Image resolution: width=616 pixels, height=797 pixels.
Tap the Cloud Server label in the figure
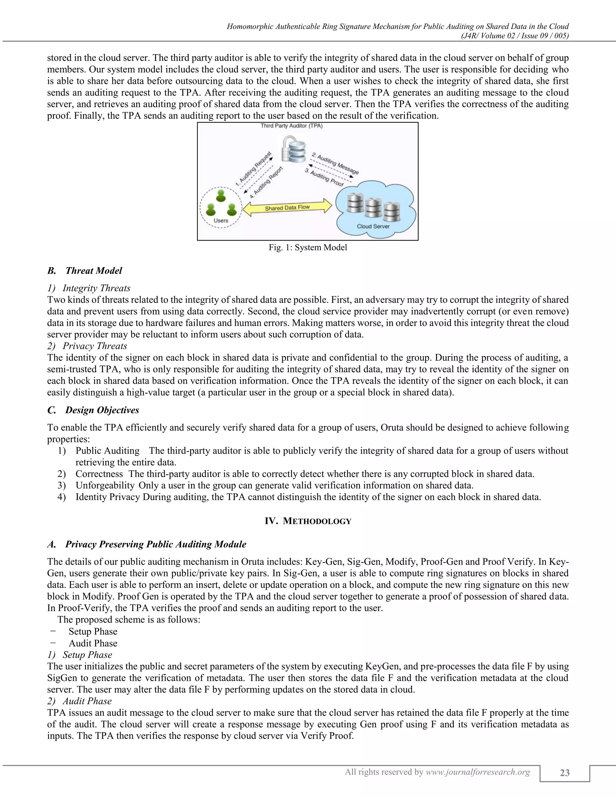tap(373, 226)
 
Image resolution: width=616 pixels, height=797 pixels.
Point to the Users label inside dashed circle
tap(221, 220)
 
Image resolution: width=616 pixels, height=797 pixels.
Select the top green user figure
tap(220, 195)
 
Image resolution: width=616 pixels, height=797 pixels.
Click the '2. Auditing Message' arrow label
tap(335, 164)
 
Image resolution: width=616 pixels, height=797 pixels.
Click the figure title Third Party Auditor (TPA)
tap(291, 126)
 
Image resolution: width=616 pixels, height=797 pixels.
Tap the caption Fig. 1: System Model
tap(308, 248)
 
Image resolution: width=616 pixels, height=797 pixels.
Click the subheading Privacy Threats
tap(94, 346)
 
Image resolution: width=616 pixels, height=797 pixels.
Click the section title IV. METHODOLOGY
tap(308, 521)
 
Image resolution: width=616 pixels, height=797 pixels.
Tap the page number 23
tap(565, 773)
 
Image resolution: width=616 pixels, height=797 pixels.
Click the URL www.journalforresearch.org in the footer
tap(478, 772)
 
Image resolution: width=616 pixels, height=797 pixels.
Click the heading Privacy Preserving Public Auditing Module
tap(156, 544)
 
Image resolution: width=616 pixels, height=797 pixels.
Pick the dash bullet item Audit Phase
tap(93, 643)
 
